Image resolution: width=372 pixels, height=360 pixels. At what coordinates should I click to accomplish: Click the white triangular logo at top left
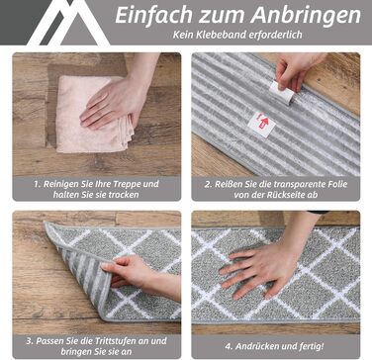(68, 23)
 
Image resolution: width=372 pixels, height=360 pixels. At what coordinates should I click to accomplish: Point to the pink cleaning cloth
(94, 114)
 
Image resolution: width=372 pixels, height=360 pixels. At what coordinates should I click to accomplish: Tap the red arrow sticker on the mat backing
(262, 125)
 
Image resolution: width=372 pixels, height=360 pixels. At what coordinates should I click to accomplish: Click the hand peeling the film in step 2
(297, 70)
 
